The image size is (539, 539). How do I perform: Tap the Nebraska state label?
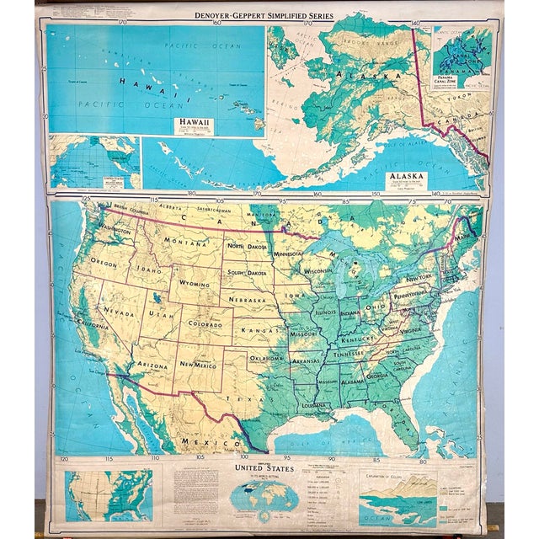[250, 301]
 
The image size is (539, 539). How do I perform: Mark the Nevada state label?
[114, 310]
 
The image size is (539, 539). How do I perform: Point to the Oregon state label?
[104, 262]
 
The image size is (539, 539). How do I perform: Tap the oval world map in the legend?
[264, 492]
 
